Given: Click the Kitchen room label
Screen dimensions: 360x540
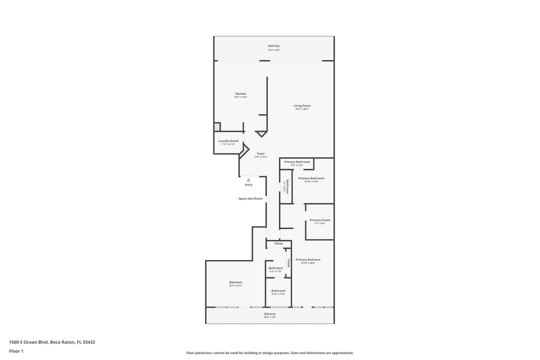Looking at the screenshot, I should pos(240,94).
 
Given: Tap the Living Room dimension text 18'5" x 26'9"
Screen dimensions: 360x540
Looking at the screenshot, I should pos(302,109).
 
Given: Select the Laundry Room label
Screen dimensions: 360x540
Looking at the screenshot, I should pos(228,141).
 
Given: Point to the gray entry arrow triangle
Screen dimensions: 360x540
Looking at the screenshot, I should pos(248,180).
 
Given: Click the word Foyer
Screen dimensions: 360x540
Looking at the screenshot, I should pos(260,154).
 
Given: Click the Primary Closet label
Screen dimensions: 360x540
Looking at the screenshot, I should pos(319,220).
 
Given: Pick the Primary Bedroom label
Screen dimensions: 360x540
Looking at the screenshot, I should pos(308,260).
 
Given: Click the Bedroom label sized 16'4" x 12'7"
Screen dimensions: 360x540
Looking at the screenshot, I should pos(235,282).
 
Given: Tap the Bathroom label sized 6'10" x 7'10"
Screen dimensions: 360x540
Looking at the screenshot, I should pos(278,291).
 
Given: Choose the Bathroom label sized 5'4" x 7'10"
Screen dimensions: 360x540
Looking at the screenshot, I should pos(275,268).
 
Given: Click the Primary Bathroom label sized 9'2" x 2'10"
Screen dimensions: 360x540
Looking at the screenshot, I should pos(297,162).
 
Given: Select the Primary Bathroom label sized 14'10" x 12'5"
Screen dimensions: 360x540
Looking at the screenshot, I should pos(311,178).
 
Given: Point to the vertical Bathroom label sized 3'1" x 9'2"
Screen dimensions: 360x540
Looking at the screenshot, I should pos(287,186).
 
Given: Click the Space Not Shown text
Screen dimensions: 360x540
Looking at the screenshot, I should pos(250,199).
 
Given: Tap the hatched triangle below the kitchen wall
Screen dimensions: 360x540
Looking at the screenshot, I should pos(262,134).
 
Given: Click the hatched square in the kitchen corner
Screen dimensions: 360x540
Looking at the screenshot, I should pos(217,127).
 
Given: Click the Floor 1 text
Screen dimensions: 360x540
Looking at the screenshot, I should pos(16,351).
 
